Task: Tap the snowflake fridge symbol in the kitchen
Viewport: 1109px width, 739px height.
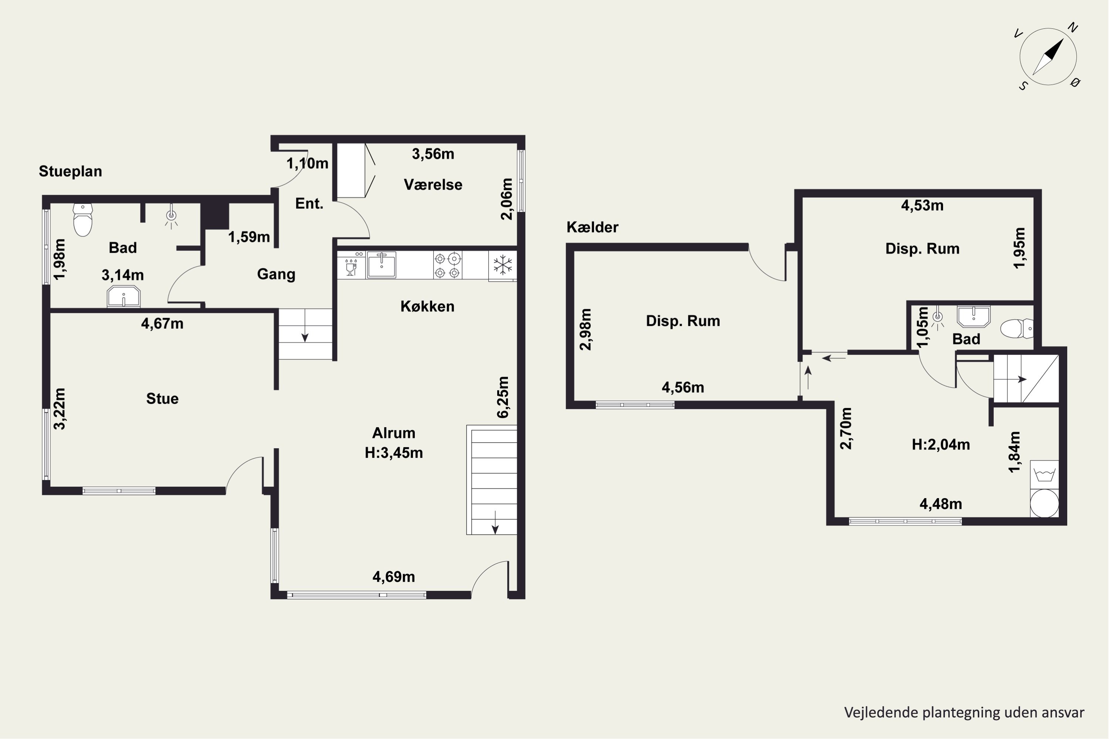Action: [503, 265]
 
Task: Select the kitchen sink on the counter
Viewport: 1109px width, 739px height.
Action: [381, 265]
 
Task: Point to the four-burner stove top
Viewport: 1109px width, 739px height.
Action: [447, 265]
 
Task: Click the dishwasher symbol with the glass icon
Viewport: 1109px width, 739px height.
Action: [351, 265]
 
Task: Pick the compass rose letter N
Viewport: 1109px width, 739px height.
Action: [1073, 28]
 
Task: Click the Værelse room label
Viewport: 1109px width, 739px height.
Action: [433, 185]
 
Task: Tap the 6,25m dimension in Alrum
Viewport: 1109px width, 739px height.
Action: [503, 397]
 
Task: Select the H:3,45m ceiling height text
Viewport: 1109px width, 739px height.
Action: [394, 453]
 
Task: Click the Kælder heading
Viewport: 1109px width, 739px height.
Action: [592, 227]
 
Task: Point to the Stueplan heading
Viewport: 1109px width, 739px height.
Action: [70, 171]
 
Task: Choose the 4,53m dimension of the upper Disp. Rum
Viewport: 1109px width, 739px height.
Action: [922, 205]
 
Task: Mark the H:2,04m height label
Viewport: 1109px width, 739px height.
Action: [941, 445]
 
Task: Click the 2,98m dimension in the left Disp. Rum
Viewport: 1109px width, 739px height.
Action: [585, 330]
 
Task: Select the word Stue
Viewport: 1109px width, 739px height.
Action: [162, 399]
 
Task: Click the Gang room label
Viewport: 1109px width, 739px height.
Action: [276, 274]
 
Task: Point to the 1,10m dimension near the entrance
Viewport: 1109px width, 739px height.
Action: [308, 164]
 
